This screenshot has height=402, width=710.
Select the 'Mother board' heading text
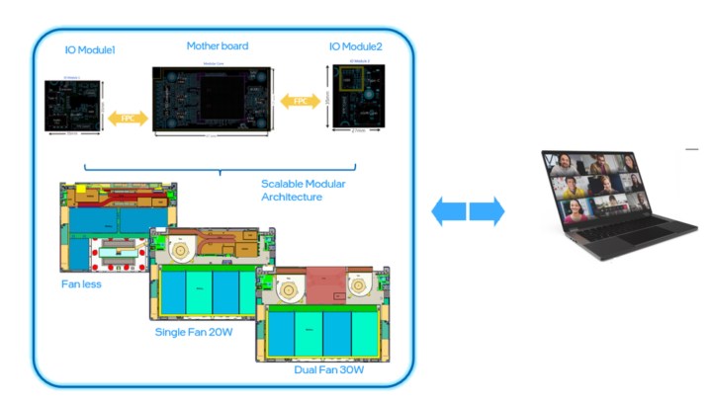217,45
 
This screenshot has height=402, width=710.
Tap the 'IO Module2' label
358,47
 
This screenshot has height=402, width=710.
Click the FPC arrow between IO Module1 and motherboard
128,117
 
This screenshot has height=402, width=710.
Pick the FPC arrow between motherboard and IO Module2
300,101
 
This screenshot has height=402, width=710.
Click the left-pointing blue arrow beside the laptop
449,210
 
